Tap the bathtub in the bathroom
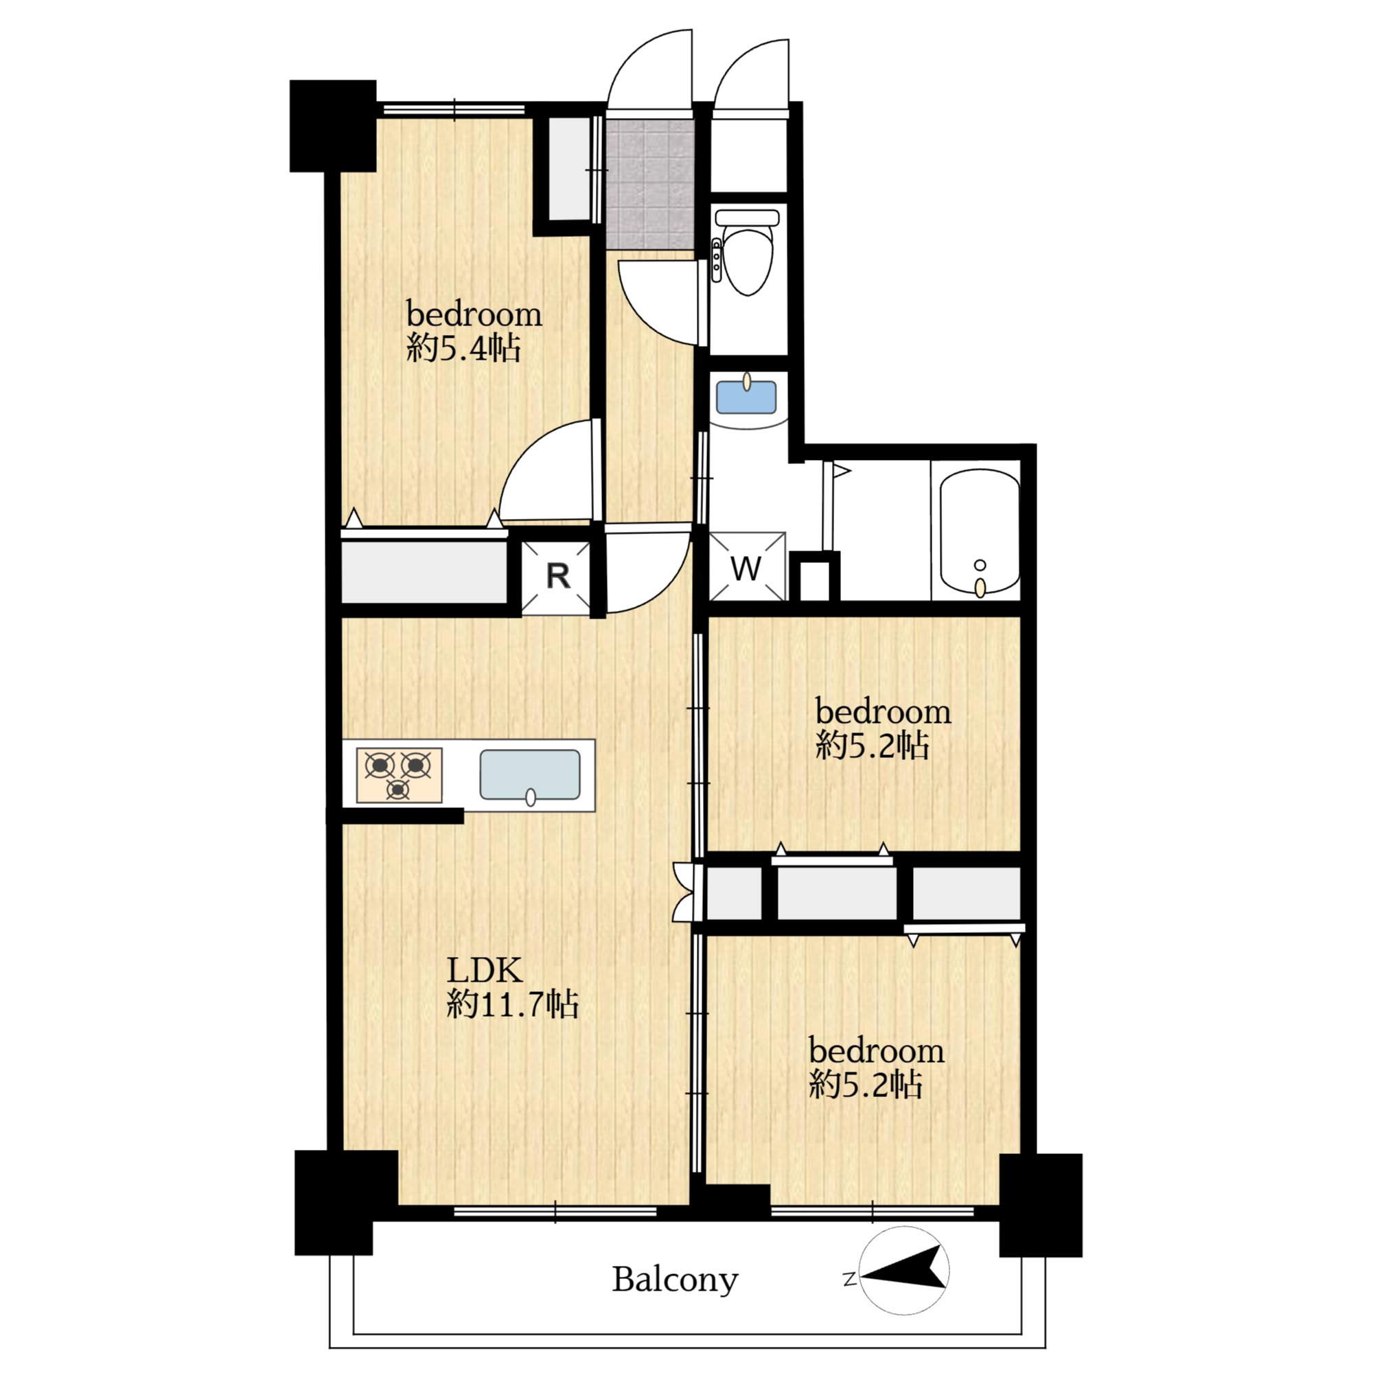click(x=980, y=531)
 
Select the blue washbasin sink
click(x=746, y=397)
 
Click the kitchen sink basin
click(x=529, y=774)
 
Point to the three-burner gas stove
click(x=399, y=774)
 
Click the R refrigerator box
click(x=557, y=577)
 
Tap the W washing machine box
click(x=747, y=566)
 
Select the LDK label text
click(x=484, y=970)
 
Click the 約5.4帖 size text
click(x=463, y=348)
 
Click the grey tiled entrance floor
click(x=649, y=183)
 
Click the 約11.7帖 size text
click(x=512, y=1005)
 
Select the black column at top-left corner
click(x=332, y=126)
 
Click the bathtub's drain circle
click(x=981, y=565)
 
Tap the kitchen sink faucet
click(x=530, y=797)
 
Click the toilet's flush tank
click(x=747, y=217)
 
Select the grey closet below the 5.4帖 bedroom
click(x=424, y=572)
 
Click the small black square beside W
click(x=815, y=577)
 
